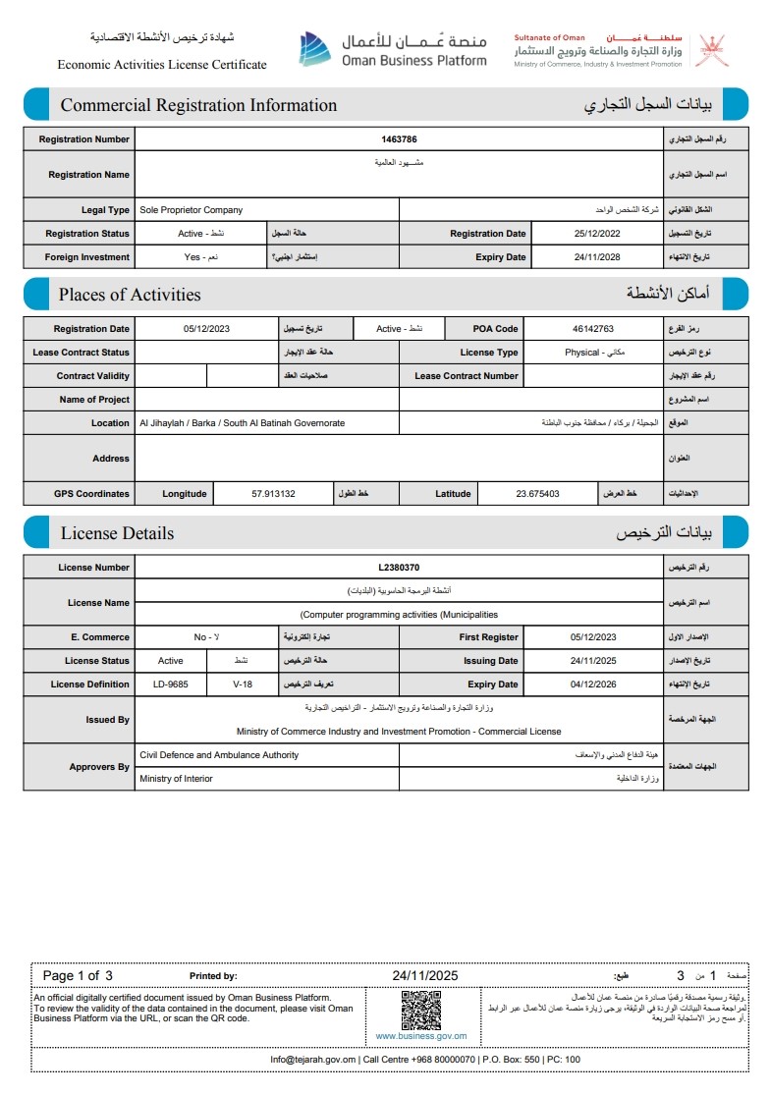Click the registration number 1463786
400,139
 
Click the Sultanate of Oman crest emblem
711,50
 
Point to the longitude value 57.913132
274,494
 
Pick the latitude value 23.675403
537,494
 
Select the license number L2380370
400,568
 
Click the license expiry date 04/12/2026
592,684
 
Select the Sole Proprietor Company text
192,210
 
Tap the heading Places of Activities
130,295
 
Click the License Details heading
117,533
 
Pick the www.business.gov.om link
421,1036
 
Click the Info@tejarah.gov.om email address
313,1060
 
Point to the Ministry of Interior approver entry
176,779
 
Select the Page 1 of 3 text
79,976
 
